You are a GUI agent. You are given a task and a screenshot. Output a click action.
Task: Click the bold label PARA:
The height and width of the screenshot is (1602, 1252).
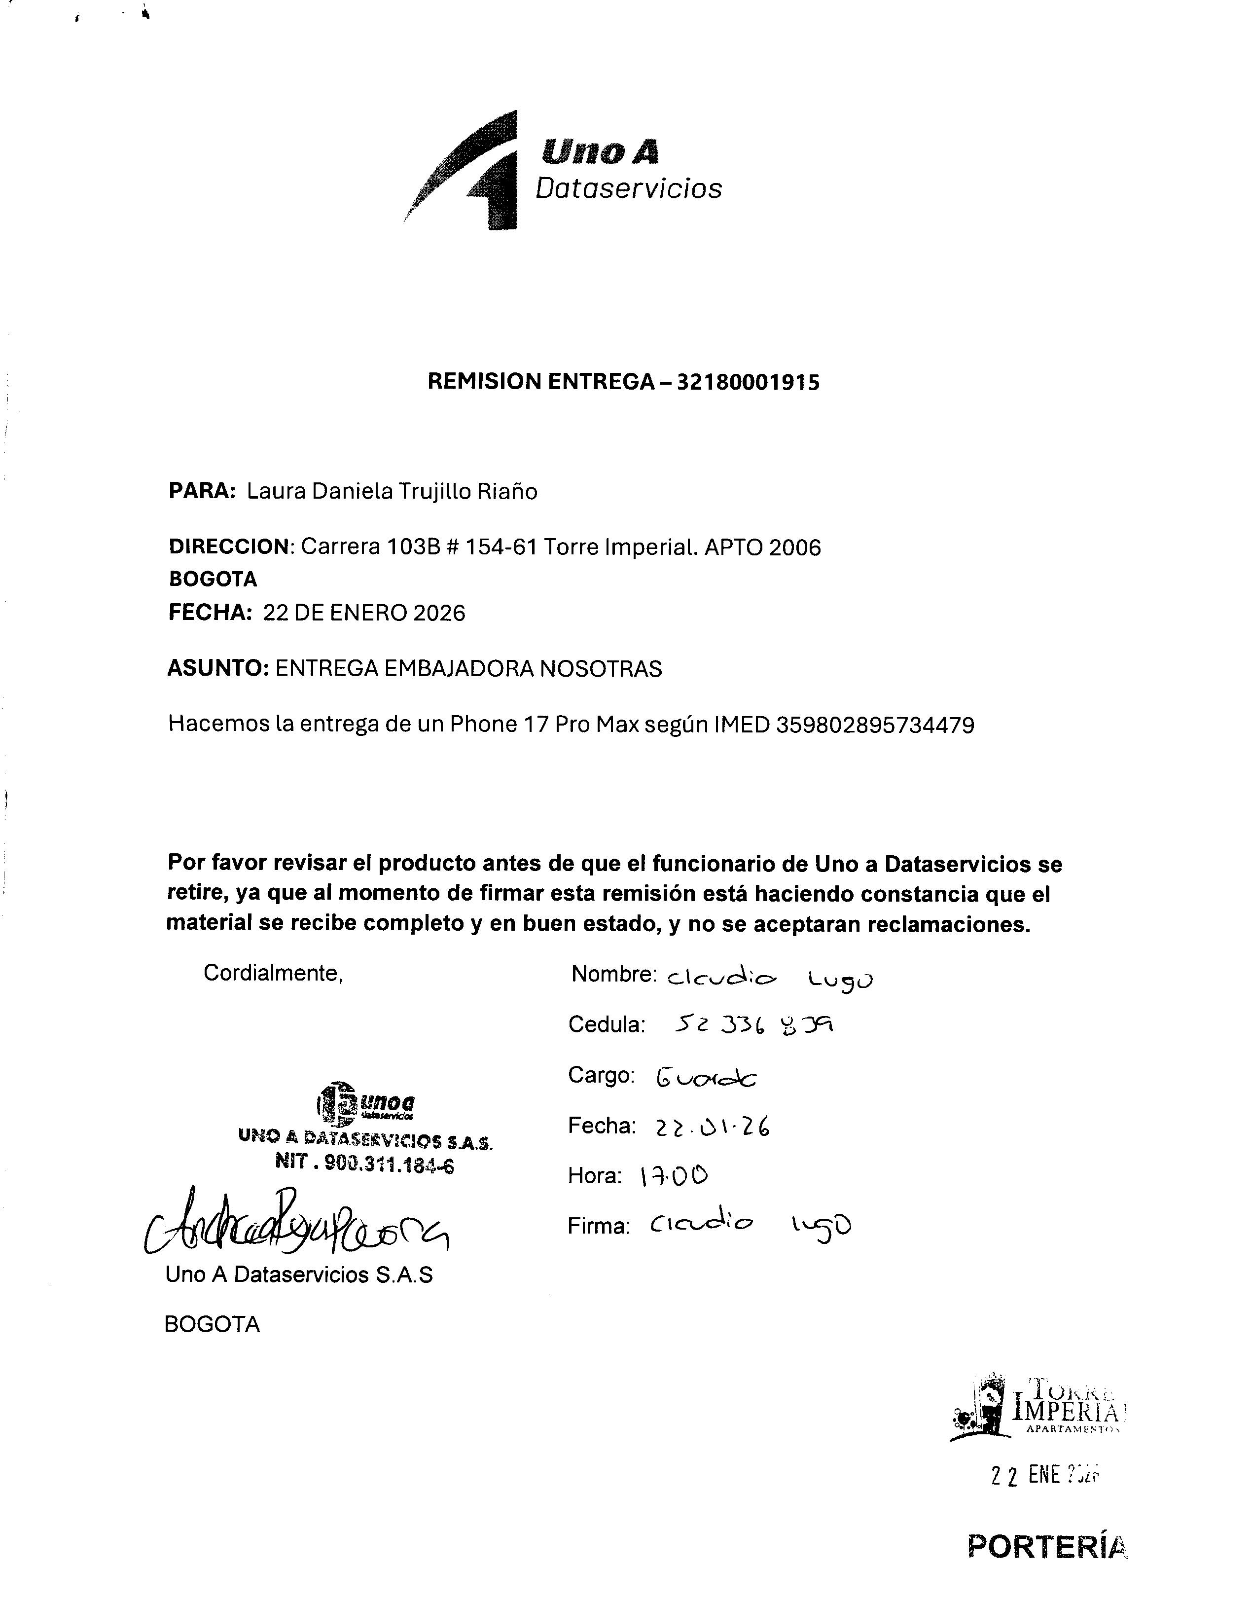pos(202,491)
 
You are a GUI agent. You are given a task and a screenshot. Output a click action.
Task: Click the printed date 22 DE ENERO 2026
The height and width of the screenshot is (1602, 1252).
pos(364,613)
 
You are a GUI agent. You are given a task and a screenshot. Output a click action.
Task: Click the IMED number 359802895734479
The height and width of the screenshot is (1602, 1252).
pos(875,725)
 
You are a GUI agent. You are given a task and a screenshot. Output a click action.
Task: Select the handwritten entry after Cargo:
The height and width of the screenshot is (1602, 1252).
pos(706,1077)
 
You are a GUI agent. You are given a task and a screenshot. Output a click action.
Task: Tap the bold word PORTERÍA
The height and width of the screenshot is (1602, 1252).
pos(1047,1547)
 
